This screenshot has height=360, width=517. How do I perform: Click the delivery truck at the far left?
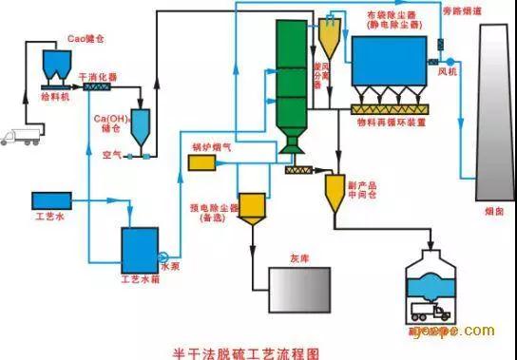tap(20, 135)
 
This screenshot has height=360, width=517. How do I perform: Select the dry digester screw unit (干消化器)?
tap(96, 87)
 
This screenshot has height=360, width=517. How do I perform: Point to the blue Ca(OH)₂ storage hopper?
tap(140, 125)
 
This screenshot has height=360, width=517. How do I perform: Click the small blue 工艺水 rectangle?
tap(45, 199)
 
